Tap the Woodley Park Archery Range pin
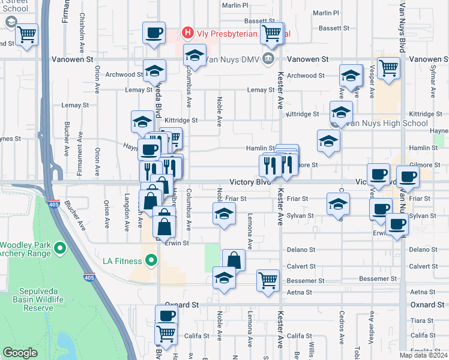[59, 247]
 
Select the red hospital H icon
[188, 32]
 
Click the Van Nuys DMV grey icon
[268, 59]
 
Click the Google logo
[20, 353]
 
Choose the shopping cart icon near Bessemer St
[268, 280]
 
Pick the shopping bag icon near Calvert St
[234, 260]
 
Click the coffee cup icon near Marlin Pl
[154, 32]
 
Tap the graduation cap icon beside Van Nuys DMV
[194, 56]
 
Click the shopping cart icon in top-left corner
[26, 34]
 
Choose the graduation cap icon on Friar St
[338, 203]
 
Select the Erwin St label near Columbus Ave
[178, 243]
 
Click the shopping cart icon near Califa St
[166, 332]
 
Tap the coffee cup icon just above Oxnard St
[166, 315]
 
